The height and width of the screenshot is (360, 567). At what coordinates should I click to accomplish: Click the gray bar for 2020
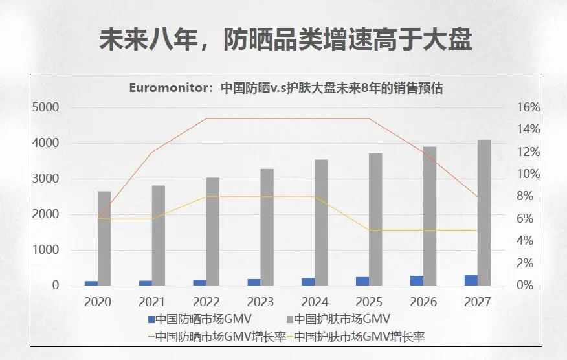click(104, 238)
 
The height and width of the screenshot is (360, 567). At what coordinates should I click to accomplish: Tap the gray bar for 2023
click(267, 227)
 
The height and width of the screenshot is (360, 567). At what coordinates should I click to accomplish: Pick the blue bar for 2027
click(471, 280)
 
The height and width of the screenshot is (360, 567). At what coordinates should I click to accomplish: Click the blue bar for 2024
click(308, 282)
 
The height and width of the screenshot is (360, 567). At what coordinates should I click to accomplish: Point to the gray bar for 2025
click(375, 219)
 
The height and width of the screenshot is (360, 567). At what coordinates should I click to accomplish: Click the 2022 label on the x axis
click(206, 302)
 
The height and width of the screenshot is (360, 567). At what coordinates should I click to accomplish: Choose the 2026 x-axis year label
click(423, 302)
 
